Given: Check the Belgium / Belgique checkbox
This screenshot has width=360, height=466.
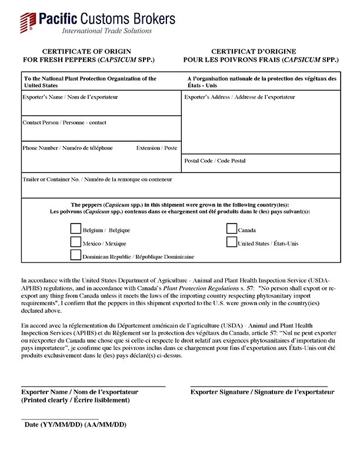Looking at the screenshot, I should point(75,229).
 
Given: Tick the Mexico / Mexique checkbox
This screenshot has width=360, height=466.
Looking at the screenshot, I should point(75,242).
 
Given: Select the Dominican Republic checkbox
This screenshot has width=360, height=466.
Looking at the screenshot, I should point(75,255).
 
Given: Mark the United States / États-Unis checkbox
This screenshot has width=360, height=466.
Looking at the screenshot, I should point(232,242).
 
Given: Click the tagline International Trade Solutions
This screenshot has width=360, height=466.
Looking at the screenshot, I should point(107,31).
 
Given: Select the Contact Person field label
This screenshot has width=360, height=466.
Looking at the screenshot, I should point(64,122).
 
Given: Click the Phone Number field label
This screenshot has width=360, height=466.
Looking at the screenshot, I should point(67,148).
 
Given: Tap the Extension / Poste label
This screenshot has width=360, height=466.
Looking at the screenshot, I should point(156,148).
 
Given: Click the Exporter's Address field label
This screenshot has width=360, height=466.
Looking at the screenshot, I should point(239,96).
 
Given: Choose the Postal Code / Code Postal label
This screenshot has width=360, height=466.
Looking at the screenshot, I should point(215,160).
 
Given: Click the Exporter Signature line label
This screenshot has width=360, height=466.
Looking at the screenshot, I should point(262,392).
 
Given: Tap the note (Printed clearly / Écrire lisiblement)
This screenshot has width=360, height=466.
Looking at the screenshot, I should point(75,400).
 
